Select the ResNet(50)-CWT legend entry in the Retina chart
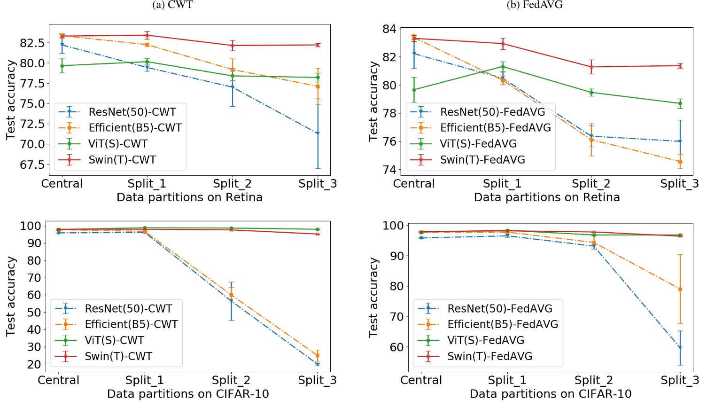(132, 112)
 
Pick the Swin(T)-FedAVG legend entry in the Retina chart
(482, 160)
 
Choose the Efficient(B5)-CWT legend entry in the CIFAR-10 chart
(131, 324)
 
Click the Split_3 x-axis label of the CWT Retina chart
(318, 184)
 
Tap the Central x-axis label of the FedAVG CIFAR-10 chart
(421, 380)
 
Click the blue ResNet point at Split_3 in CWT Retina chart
(318, 133)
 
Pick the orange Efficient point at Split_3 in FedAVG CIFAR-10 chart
(680, 290)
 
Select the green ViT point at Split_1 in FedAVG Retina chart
(503, 67)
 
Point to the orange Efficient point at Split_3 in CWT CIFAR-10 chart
(318, 356)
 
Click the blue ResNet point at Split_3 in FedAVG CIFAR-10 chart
(680, 348)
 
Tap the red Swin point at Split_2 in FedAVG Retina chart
(591, 67)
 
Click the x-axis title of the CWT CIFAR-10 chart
(188, 394)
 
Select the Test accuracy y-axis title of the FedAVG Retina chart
(373, 101)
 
